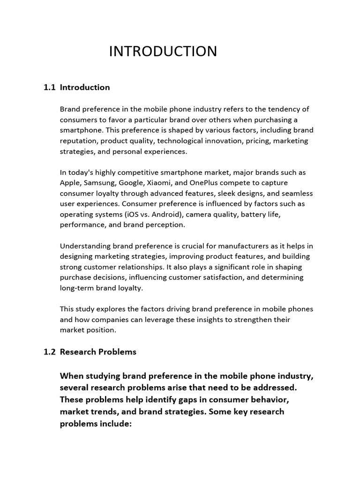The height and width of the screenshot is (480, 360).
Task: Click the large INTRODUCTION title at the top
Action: [x=163, y=51]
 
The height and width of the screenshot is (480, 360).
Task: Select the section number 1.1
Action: [x=50, y=87]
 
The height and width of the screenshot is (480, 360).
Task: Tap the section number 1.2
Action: [x=50, y=352]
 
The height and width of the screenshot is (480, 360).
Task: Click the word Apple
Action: [x=70, y=183]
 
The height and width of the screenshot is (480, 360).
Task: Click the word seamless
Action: [x=298, y=193]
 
